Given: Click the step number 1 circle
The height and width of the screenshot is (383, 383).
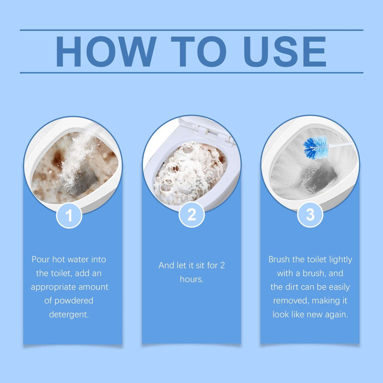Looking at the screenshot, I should point(69,215).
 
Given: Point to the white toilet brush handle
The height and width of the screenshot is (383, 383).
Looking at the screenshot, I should point(341,144).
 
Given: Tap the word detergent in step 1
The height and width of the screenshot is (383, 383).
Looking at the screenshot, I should point(69,314).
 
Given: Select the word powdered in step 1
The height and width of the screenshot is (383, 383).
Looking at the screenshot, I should point(74,301).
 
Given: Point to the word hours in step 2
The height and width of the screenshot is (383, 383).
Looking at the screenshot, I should point(191,279).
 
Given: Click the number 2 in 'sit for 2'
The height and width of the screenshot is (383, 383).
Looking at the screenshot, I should point(222,265).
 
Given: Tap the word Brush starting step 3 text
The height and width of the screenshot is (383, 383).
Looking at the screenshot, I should point(279,259).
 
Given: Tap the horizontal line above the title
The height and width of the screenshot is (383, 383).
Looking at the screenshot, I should point(191,30).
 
